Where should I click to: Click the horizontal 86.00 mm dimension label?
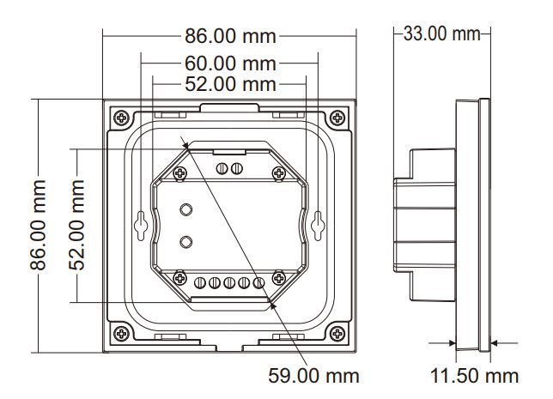[x=230, y=36]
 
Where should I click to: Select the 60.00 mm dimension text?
[x=230, y=63]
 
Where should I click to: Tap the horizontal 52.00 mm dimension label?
[x=230, y=84]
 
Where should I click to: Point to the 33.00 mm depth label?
[x=441, y=33]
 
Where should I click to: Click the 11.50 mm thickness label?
[x=474, y=376]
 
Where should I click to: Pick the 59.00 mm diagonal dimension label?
[x=313, y=376]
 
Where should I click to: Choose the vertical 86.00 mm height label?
[x=38, y=225]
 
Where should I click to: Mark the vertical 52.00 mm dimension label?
[x=76, y=225]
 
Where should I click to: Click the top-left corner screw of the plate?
[x=122, y=118]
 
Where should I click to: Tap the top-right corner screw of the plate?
[x=337, y=118]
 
